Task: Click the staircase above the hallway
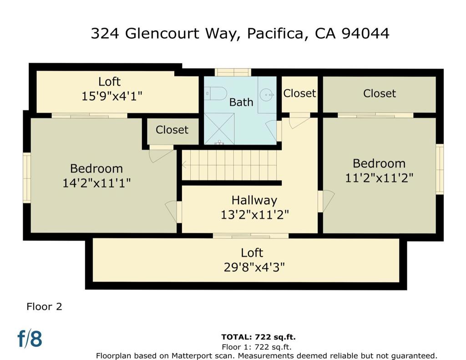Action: click(229, 165)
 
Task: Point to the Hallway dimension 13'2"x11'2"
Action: click(254, 214)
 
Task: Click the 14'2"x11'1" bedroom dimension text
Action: click(96, 183)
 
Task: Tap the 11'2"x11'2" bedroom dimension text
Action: click(379, 177)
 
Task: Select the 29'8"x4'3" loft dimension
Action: click(254, 267)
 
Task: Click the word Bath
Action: click(241, 102)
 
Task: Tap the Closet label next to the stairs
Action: click(172, 130)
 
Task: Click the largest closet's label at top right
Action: click(380, 93)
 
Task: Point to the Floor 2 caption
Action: click(44, 306)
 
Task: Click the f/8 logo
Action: click(30, 339)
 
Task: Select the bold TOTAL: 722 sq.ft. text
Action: click(258, 337)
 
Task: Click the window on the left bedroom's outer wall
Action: click(27, 177)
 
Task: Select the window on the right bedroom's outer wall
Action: click(440, 169)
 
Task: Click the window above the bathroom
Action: click(233, 72)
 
